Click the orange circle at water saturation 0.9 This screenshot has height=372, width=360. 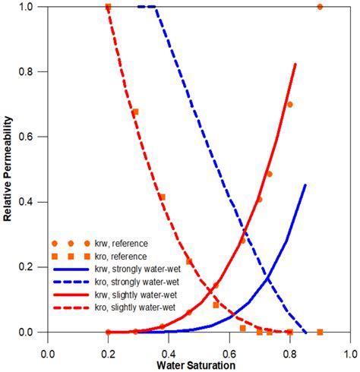320,7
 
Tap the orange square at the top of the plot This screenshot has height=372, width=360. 108,7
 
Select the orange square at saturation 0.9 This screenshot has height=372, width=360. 320,333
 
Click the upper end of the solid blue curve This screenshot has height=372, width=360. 305,184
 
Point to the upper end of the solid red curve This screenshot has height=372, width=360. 295,65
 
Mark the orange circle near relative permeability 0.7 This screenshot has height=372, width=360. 289,105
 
